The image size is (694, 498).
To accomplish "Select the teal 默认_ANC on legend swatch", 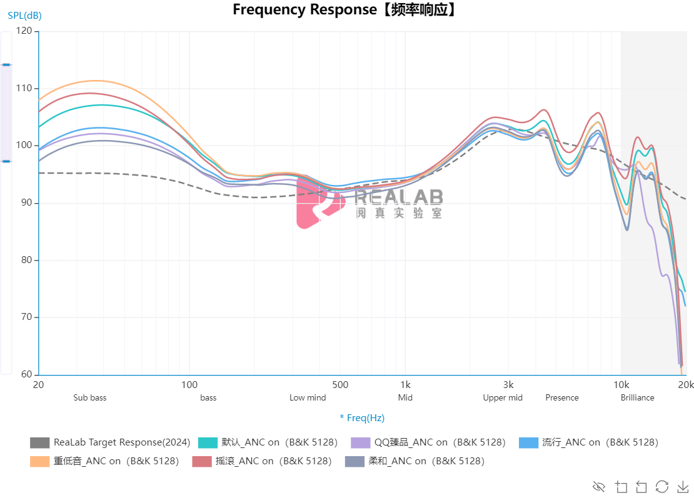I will (x=208, y=442).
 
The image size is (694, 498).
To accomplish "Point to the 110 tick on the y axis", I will (x=24, y=88).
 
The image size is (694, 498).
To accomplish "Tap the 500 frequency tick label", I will (x=339, y=385).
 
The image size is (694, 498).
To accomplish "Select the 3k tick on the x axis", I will (x=508, y=385).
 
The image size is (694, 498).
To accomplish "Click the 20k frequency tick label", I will (x=685, y=385).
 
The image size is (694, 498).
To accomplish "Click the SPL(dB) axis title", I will (x=25, y=16).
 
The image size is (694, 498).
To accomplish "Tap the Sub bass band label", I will (x=90, y=398).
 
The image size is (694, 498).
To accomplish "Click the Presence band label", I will (x=562, y=398).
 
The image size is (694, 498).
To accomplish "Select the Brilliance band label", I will (x=638, y=398).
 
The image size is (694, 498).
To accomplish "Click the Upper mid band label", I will (x=503, y=398).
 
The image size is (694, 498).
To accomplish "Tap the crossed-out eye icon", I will (x=599, y=486).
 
